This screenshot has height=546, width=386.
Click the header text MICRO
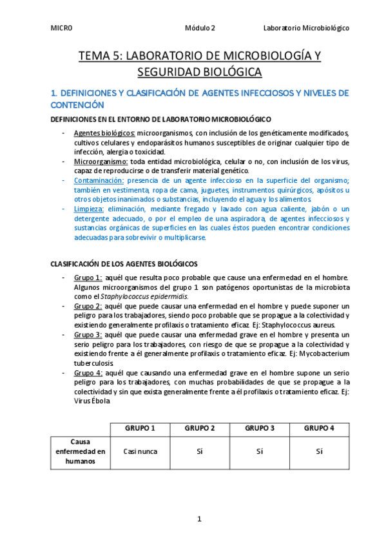pos(61,28)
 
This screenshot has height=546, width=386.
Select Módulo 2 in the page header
pos(200,28)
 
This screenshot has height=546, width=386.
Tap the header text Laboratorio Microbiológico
pos(307,28)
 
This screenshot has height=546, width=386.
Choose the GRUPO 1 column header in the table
pos(140,428)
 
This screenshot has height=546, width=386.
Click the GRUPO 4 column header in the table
pos(319,428)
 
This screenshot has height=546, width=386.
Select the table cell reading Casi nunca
pos(140,452)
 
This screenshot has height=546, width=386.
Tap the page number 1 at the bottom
pos(200,518)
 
